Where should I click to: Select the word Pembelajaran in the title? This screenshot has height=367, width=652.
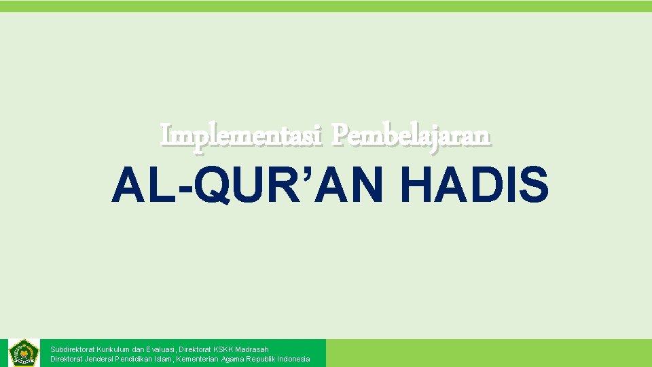tap(411, 135)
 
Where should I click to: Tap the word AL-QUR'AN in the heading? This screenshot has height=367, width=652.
tap(257, 186)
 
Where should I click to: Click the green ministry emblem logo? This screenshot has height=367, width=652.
tap(24, 353)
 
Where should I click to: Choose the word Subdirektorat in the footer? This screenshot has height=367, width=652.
tap(72, 349)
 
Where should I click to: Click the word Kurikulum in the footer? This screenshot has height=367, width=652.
tap(115, 349)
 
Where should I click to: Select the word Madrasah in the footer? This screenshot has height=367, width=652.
tap(252, 349)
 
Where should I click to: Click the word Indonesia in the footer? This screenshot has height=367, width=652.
tap(293, 359)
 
